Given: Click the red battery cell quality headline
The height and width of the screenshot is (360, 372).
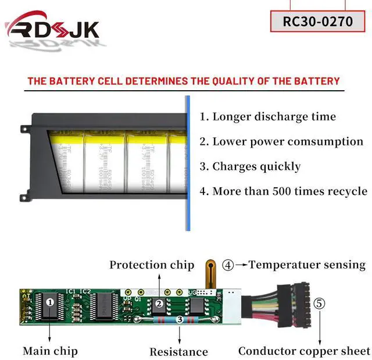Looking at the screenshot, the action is click(183, 81).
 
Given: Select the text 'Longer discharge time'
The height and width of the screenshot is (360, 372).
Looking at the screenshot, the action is click(268, 116).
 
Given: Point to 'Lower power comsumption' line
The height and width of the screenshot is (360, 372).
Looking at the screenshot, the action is click(281, 141).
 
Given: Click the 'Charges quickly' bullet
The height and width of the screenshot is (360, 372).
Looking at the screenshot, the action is click(250, 166).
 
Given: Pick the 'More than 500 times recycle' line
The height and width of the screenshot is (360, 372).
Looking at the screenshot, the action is click(284, 191).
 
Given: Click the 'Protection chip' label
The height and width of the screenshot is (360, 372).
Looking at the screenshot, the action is click(152, 265).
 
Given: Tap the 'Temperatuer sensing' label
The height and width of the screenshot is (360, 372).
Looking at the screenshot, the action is click(307, 265).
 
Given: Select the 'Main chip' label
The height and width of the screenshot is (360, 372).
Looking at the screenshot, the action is click(50, 351).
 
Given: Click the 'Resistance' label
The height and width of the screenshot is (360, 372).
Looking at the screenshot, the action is click(178, 351).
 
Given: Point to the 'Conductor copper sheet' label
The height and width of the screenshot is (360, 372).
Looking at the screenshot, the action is click(304, 351).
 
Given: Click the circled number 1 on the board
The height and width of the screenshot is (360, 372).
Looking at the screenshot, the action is click(50, 302).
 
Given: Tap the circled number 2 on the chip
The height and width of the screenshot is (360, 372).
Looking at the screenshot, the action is click(158, 303).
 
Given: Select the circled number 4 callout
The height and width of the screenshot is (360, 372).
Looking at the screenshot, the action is click(228, 265).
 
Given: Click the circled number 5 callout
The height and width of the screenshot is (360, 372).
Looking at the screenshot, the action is click(319, 303).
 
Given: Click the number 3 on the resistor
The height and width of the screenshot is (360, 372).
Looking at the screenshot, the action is click(179, 319).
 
